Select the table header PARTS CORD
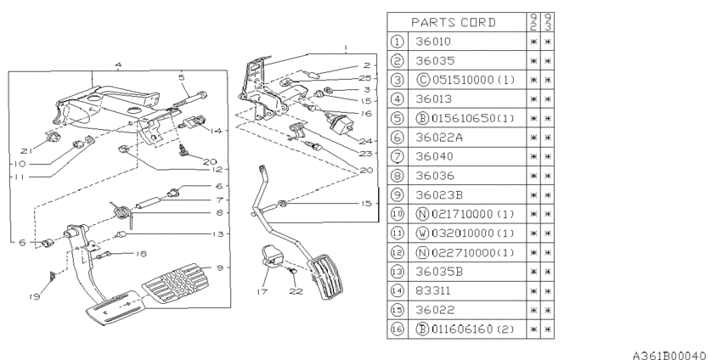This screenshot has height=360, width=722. [454, 21]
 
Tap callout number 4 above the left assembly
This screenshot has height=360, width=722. [118, 65]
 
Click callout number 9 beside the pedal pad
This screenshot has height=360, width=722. [220, 267]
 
